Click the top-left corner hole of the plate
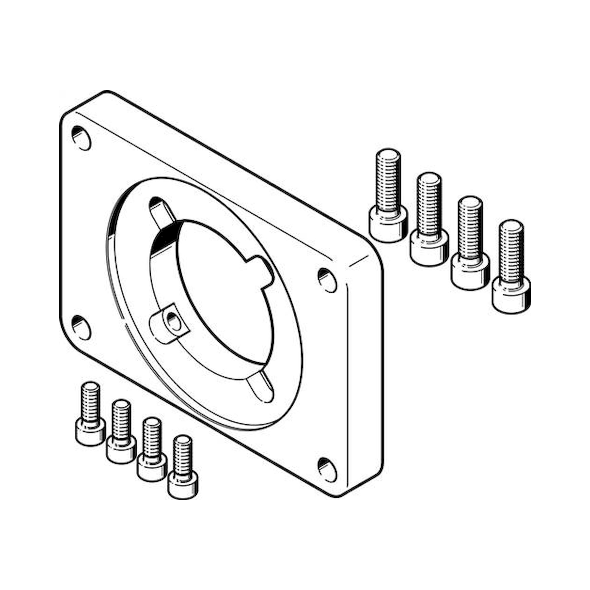click(81, 138)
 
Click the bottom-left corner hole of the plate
click(81, 328)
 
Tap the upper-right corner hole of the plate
click(327, 280)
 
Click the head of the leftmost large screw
click(388, 223)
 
